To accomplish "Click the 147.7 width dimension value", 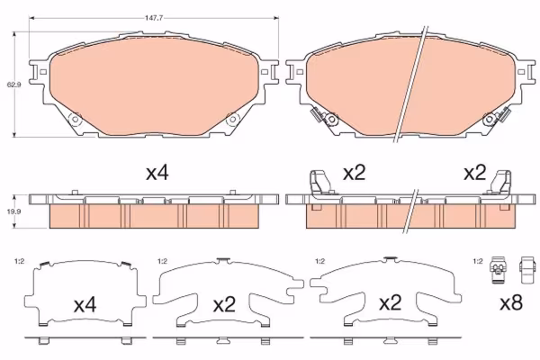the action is click(154, 18).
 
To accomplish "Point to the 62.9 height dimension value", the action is click(14, 84).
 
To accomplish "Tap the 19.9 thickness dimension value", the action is click(14, 211).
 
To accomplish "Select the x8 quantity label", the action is click(511, 303).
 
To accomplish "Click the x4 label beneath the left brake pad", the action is click(157, 173).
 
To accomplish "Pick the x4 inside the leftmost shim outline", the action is click(85, 305).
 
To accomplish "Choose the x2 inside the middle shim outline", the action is click(224, 305).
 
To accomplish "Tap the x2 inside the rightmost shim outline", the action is click(391, 303).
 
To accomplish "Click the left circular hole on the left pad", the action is click(75, 120).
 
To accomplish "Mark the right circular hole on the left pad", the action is click(233, 120).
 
